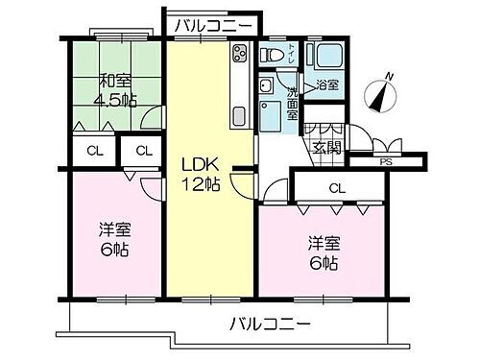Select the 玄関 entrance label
coord(326,147)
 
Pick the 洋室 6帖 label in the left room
coord(114,240)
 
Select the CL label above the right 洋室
coord(337,187)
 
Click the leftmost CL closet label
coord(92,151)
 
